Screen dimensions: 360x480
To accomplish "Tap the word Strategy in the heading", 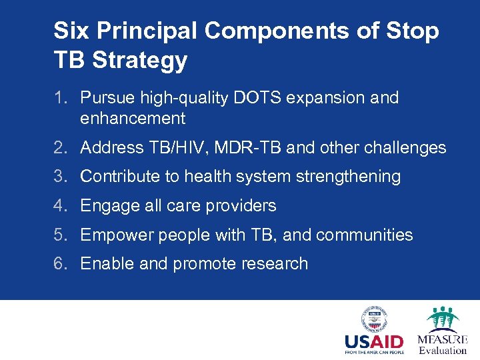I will pyautogui.click(x=140, y=61).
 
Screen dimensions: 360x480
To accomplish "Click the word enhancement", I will pyautogui.click(x=133, y=119).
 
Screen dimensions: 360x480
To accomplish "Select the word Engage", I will pyautogui.click(x=108, y=206).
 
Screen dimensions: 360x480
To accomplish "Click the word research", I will pyautogui.click(x=274, y=264).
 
